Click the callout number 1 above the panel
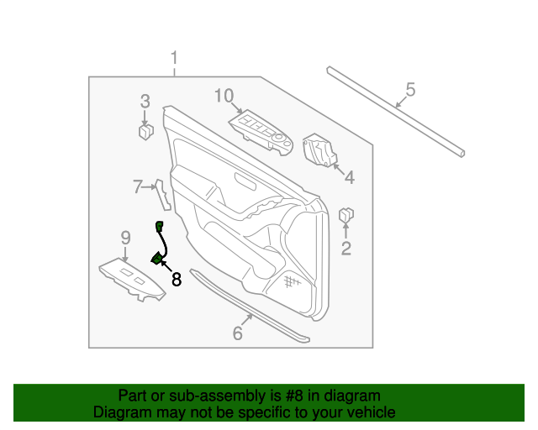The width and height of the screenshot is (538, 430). (x=175, y=59)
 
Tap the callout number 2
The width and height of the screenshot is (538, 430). (x=345, y=247)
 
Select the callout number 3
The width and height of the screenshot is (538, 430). (x=145, y=102)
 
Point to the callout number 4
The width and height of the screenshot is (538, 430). (x=349, y=177)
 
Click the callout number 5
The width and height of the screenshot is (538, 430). (x=410, y=88)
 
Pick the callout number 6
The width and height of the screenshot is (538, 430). (x=237, y=333)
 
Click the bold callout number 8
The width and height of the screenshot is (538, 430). (x=176, y=280)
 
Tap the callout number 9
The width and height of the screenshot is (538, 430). (x=125, y=238)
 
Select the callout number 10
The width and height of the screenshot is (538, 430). (x=223, y=96)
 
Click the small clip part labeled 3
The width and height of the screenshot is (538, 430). (x=145, y=131)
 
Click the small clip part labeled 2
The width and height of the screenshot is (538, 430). (x=345, y=217)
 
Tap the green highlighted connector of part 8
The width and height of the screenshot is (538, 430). (x=156, y=258)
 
